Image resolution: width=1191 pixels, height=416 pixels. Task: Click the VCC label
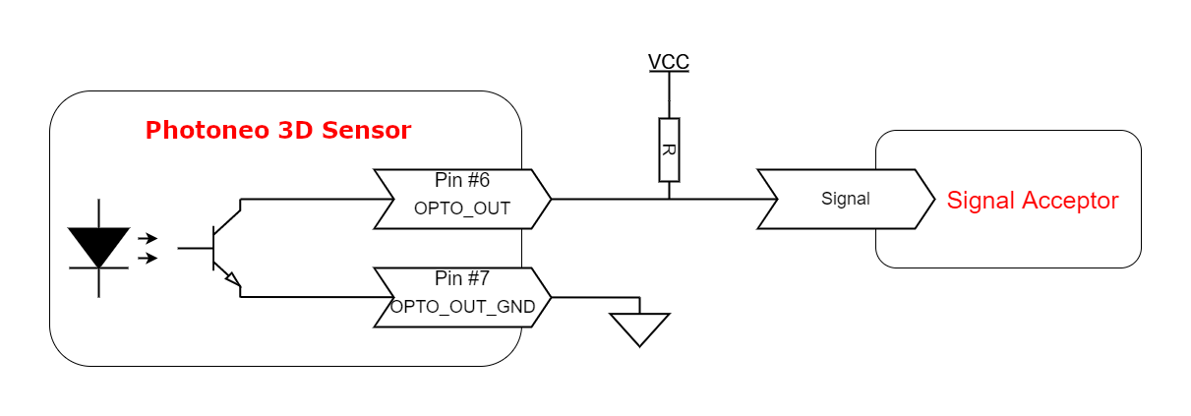point(669,62)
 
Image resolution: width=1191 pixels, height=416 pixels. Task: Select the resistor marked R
point(669,150)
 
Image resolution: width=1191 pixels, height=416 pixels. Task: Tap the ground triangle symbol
point(639,329)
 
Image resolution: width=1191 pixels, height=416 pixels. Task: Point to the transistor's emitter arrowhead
point(233,279)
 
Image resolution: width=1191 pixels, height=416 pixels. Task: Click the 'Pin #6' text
point(462,180)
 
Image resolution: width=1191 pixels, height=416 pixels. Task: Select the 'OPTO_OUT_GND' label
point(462,307)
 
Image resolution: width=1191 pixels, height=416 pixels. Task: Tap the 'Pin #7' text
point(462,278)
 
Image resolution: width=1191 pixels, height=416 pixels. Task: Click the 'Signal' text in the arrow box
point(846,199)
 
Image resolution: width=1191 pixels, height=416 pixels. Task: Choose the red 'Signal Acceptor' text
point(1033,201)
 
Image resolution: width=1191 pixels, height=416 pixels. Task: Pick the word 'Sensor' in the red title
point(366,131)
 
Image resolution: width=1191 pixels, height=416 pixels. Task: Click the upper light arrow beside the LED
point(148,238)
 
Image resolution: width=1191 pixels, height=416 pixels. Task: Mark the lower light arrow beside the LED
point(148,258)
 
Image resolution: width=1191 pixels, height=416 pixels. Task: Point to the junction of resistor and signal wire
point(669,199)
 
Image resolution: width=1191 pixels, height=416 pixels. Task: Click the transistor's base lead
point(195,248)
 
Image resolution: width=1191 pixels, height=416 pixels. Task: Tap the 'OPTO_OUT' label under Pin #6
point(462,208)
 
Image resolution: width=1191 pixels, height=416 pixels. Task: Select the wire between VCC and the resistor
point(669,94)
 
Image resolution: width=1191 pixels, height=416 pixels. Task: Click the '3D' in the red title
point(295,131)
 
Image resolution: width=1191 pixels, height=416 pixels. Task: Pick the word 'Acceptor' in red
point(1070,201)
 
